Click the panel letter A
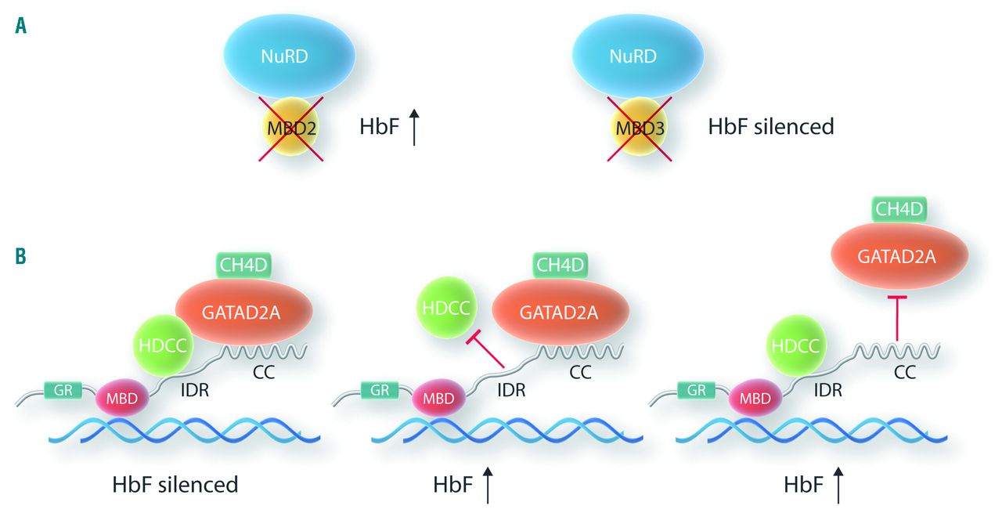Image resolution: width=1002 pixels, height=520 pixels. (22, 27)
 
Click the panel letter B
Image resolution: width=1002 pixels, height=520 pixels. (22, 256)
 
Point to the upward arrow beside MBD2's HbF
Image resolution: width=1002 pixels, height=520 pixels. (413, 127)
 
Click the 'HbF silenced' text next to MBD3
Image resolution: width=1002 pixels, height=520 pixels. (771, 126)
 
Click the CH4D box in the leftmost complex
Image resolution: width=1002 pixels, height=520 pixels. (243, 265)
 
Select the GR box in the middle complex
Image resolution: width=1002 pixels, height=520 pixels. (379, 388)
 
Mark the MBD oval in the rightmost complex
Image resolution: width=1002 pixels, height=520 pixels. (755, 398)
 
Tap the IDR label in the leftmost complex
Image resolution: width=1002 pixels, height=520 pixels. (193, 389)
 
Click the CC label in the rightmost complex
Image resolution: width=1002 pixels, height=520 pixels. (906, 374)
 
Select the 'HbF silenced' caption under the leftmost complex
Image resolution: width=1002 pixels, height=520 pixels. (174, 485)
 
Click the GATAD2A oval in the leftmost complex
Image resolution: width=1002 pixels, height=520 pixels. (243, 312)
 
